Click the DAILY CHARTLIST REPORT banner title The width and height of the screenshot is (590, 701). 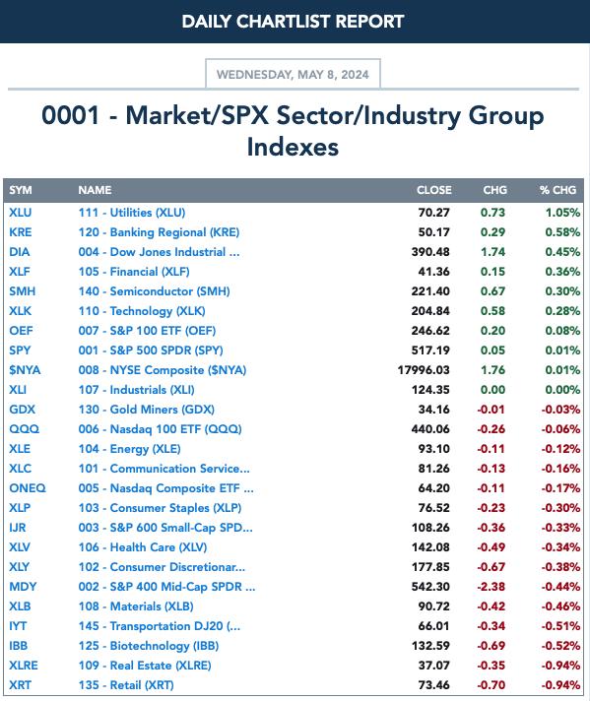point(293,22)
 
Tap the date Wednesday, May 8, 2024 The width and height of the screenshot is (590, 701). point(293,74)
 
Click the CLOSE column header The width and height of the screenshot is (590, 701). point(434,190)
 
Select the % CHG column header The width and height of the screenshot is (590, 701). point(557,190)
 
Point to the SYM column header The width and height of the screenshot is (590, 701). point(21,190)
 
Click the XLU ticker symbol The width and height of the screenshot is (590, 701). point(20,213)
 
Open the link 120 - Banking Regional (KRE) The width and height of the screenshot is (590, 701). point(159,232)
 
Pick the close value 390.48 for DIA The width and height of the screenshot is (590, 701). point(430,252)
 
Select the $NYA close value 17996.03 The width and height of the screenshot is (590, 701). point(424,370)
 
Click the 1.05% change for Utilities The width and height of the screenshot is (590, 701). point(562,213)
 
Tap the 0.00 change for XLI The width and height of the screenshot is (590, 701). point(492,390)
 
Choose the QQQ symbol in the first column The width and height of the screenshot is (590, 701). point(25,429)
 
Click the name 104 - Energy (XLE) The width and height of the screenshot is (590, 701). point(129,449)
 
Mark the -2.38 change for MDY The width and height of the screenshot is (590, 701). point(491,587)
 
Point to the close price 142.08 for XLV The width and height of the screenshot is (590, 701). point(430,547)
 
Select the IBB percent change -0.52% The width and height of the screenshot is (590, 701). point(560,646)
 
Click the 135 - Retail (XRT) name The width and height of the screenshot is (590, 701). point(126,685)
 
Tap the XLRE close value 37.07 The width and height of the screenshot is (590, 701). point(434,666)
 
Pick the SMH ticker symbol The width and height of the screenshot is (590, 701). point(22,291)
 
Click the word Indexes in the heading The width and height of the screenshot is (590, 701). point(293,147)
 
